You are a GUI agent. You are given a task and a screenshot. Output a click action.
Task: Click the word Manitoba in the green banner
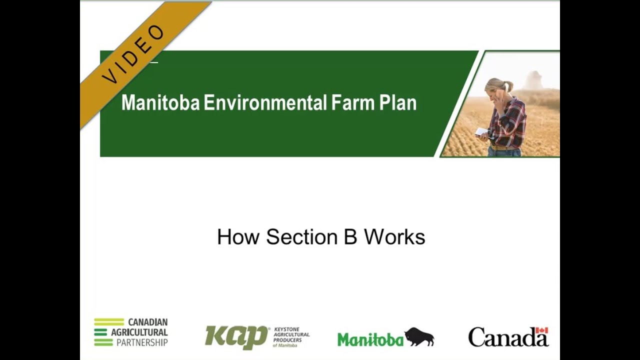point(160,103)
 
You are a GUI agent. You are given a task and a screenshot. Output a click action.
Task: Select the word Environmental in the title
point(265,103)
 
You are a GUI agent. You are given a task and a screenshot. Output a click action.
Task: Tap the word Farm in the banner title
point(352,103)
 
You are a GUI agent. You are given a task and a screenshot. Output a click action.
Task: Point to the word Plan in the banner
point(398,103)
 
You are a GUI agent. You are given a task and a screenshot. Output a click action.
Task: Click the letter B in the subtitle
point(350,237)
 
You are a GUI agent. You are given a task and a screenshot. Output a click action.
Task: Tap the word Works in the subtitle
point(394,237)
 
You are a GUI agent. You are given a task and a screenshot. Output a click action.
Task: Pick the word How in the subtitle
point(238,237)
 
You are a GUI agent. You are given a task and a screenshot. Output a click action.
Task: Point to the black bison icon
point(419,336)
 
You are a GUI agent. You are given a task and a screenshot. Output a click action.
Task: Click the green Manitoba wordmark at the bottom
point(370,339)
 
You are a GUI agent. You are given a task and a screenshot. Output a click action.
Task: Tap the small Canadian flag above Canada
point(541,330)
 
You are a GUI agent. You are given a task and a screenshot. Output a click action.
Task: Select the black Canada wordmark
point(507,337)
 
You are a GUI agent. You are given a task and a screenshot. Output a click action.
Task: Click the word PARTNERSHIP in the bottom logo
point(142,342)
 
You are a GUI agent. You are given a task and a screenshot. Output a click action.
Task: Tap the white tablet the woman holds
point(481,131)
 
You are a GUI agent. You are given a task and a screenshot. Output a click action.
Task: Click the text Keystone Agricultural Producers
point(291,336)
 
